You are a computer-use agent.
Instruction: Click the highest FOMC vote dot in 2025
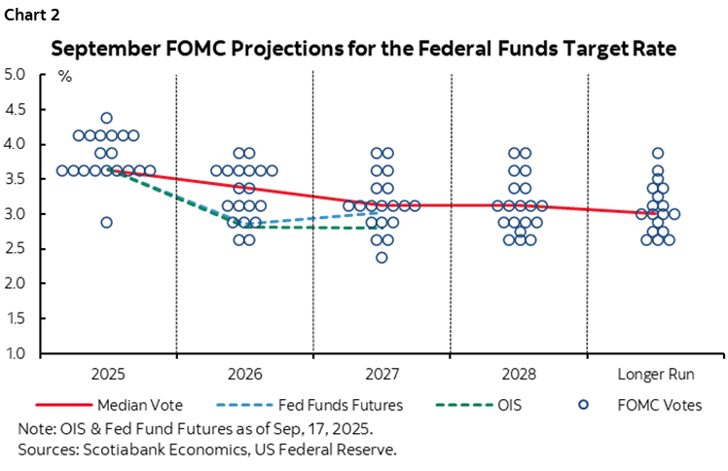(107, 119)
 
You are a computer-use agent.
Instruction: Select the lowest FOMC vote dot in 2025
(107, 223)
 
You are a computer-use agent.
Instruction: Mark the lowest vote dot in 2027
(382, 258)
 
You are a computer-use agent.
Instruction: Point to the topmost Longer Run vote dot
(658, 153)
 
